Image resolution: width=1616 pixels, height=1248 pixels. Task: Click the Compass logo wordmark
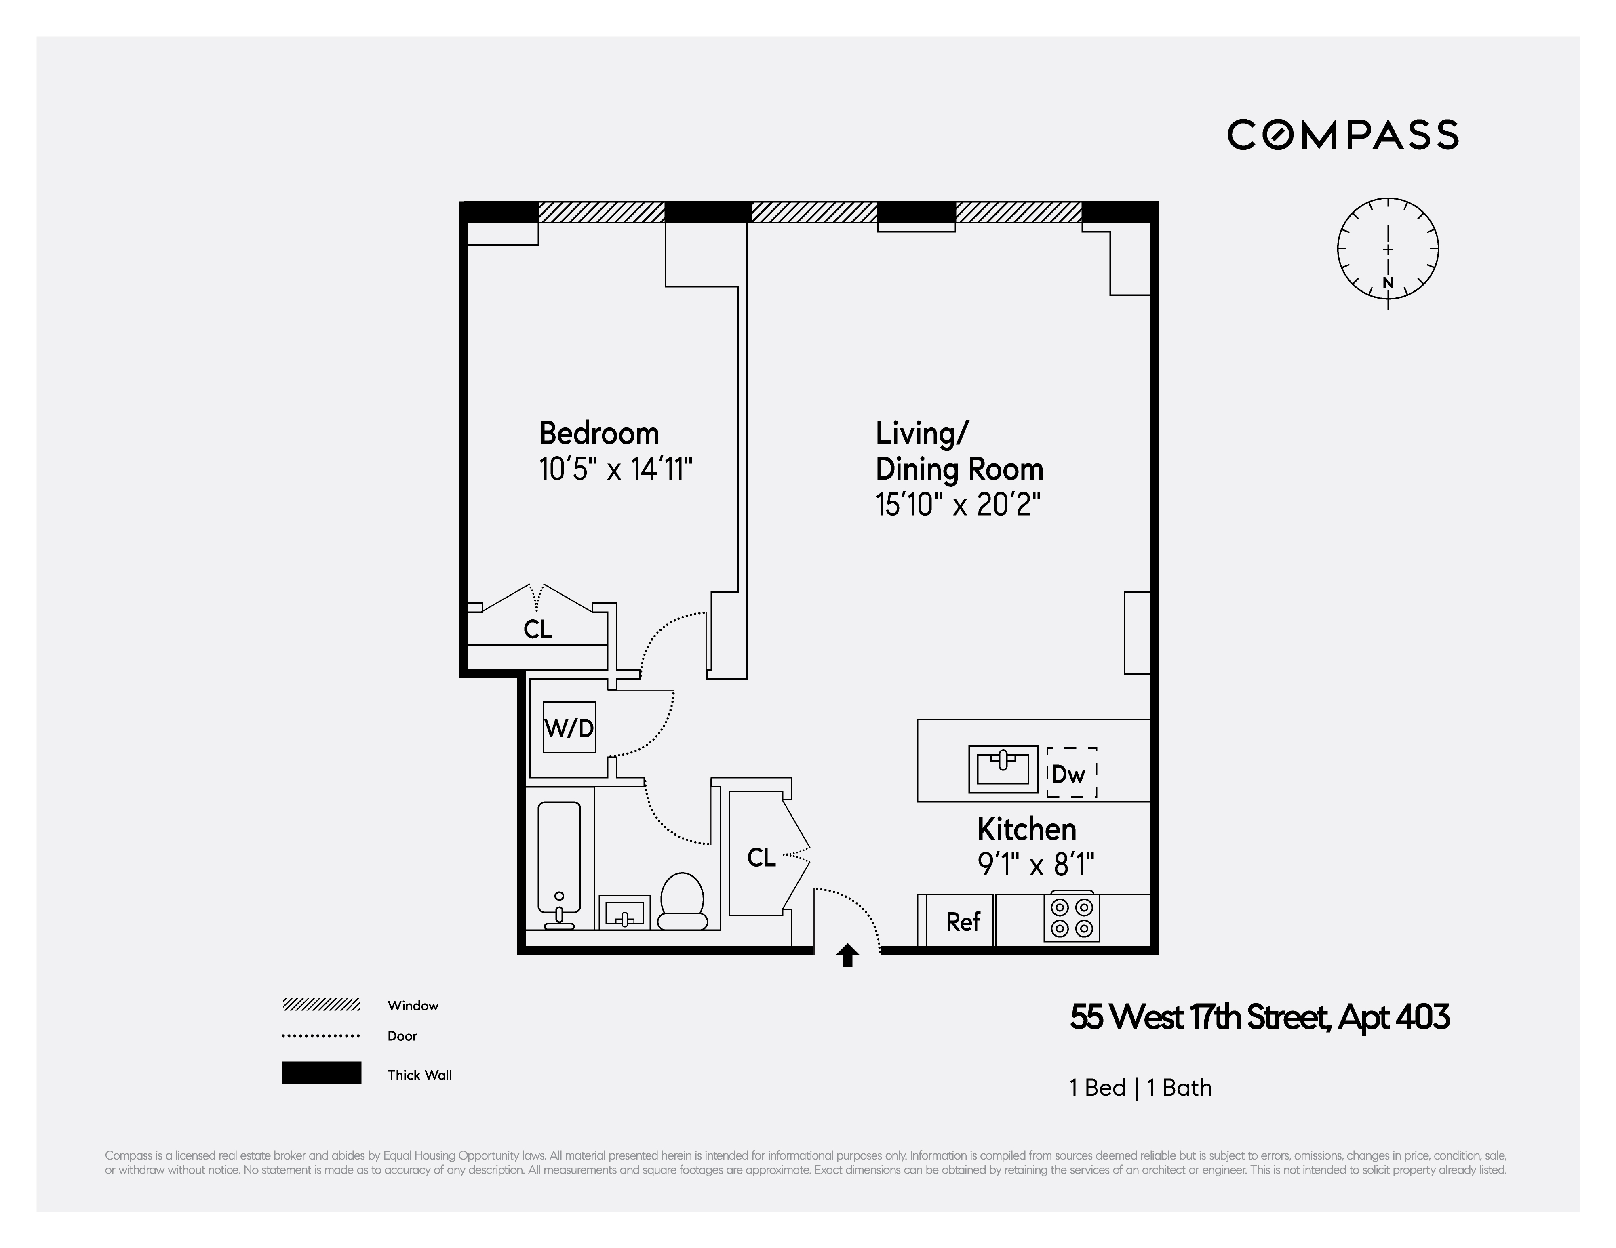click(1342, 135)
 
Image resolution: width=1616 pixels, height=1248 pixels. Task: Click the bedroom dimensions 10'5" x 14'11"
click(615, 469)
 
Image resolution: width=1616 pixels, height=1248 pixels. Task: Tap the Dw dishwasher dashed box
click(1071, 773)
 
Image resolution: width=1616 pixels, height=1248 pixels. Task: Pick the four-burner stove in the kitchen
click(1071, 918)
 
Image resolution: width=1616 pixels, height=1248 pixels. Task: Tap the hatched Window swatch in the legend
click(321, 1005)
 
